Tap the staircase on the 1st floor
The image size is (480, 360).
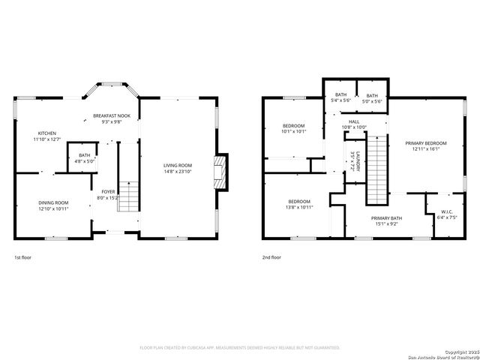pos(129,196)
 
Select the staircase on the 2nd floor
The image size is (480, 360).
pos(376,169)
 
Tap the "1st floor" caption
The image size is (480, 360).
pos(22,257)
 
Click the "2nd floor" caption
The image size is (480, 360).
pos(271,257)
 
